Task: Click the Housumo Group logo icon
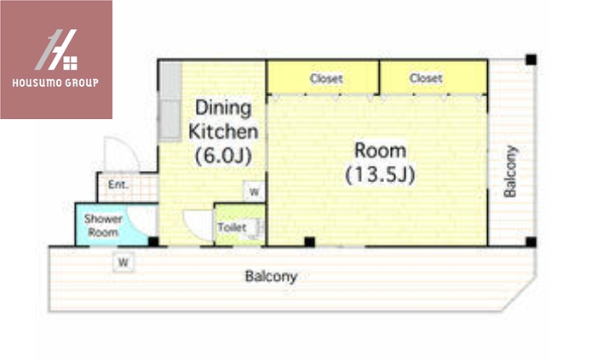57,49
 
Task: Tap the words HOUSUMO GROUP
55,83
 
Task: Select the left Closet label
326,78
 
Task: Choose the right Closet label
426,78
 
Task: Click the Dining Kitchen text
223,119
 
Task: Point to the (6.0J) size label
223,155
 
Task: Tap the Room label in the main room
381,151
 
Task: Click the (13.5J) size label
380,174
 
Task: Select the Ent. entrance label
118,185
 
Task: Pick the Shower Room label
103,226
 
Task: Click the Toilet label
232,227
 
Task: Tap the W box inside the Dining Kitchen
254,191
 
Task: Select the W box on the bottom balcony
123,263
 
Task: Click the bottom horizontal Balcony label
271,277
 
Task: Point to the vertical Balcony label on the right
510,171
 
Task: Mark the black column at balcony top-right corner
531,60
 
